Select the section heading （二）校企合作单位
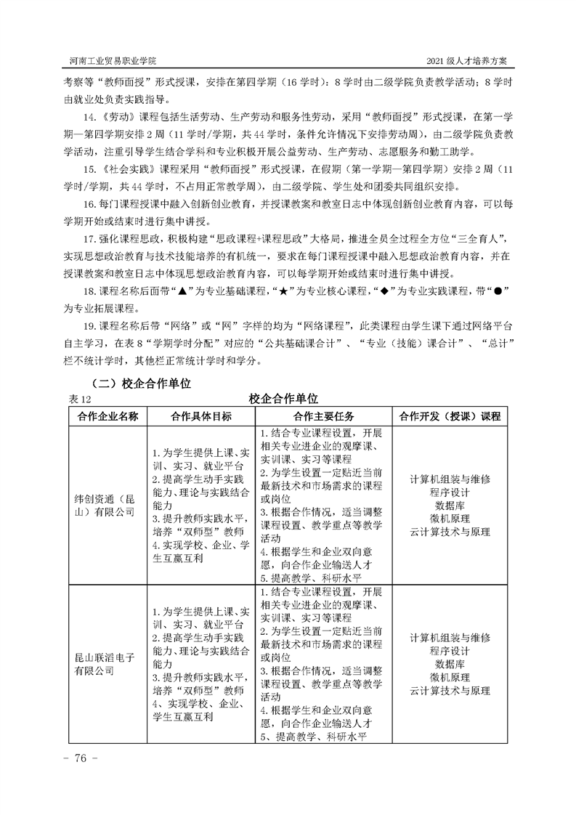[x=139, y=384]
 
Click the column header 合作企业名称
[x=108, y=416]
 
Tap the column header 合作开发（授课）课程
[x=450, y=416]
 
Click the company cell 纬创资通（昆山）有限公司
[x=106, y=506]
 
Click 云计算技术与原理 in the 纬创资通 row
[x=450, y=532]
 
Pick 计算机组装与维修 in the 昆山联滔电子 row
[x=450, y=638]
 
